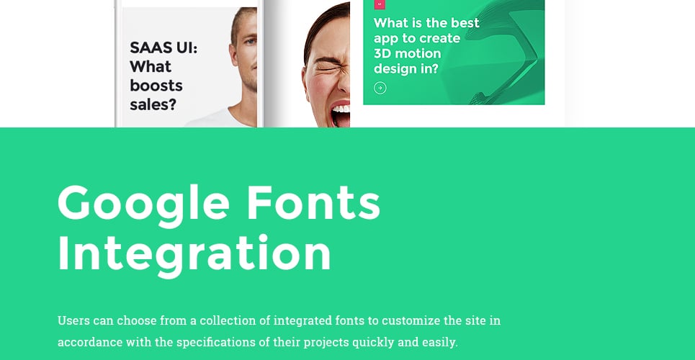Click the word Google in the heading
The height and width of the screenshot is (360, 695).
coord(143,204)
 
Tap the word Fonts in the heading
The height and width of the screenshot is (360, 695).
coord(313,202)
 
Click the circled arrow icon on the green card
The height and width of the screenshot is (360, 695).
coord(380,88)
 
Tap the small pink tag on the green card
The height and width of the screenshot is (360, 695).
coord(380,4)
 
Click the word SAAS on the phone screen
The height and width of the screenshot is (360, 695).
coord(148,48)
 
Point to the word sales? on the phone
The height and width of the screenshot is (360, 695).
coord(153,104)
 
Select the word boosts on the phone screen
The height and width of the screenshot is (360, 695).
coord(156,86)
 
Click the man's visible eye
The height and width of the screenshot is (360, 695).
coord(251,42)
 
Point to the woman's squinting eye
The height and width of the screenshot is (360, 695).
coord(327,68)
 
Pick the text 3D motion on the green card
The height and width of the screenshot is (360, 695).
coord(408,54)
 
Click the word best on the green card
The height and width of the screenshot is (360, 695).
coord(465,23)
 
